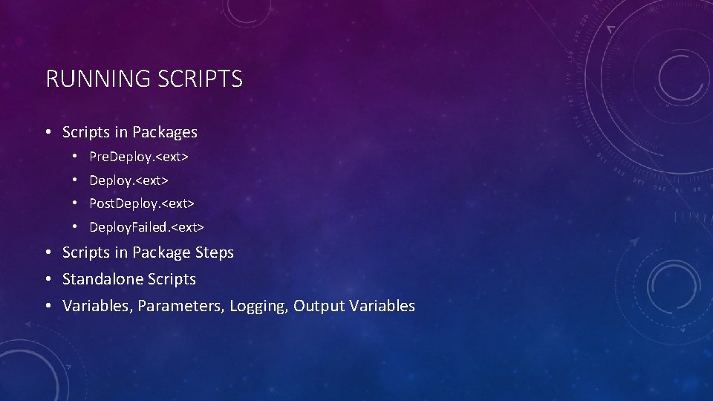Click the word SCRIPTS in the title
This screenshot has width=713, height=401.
coord(200,79)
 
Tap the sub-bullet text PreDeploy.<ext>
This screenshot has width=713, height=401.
coord(139,157)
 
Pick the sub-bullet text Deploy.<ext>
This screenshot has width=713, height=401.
coord(128,180)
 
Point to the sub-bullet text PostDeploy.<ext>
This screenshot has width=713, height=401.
coord(142,203)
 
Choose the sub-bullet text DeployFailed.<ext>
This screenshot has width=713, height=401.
coord(146,226)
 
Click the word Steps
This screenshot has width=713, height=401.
coord(214,252)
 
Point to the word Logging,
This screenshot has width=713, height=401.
coord(258,306)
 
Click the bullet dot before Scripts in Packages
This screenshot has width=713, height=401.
coord(47,133)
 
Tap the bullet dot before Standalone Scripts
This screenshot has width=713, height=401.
coord(47,280)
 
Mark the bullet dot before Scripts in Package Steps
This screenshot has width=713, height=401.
coord(47,253)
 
